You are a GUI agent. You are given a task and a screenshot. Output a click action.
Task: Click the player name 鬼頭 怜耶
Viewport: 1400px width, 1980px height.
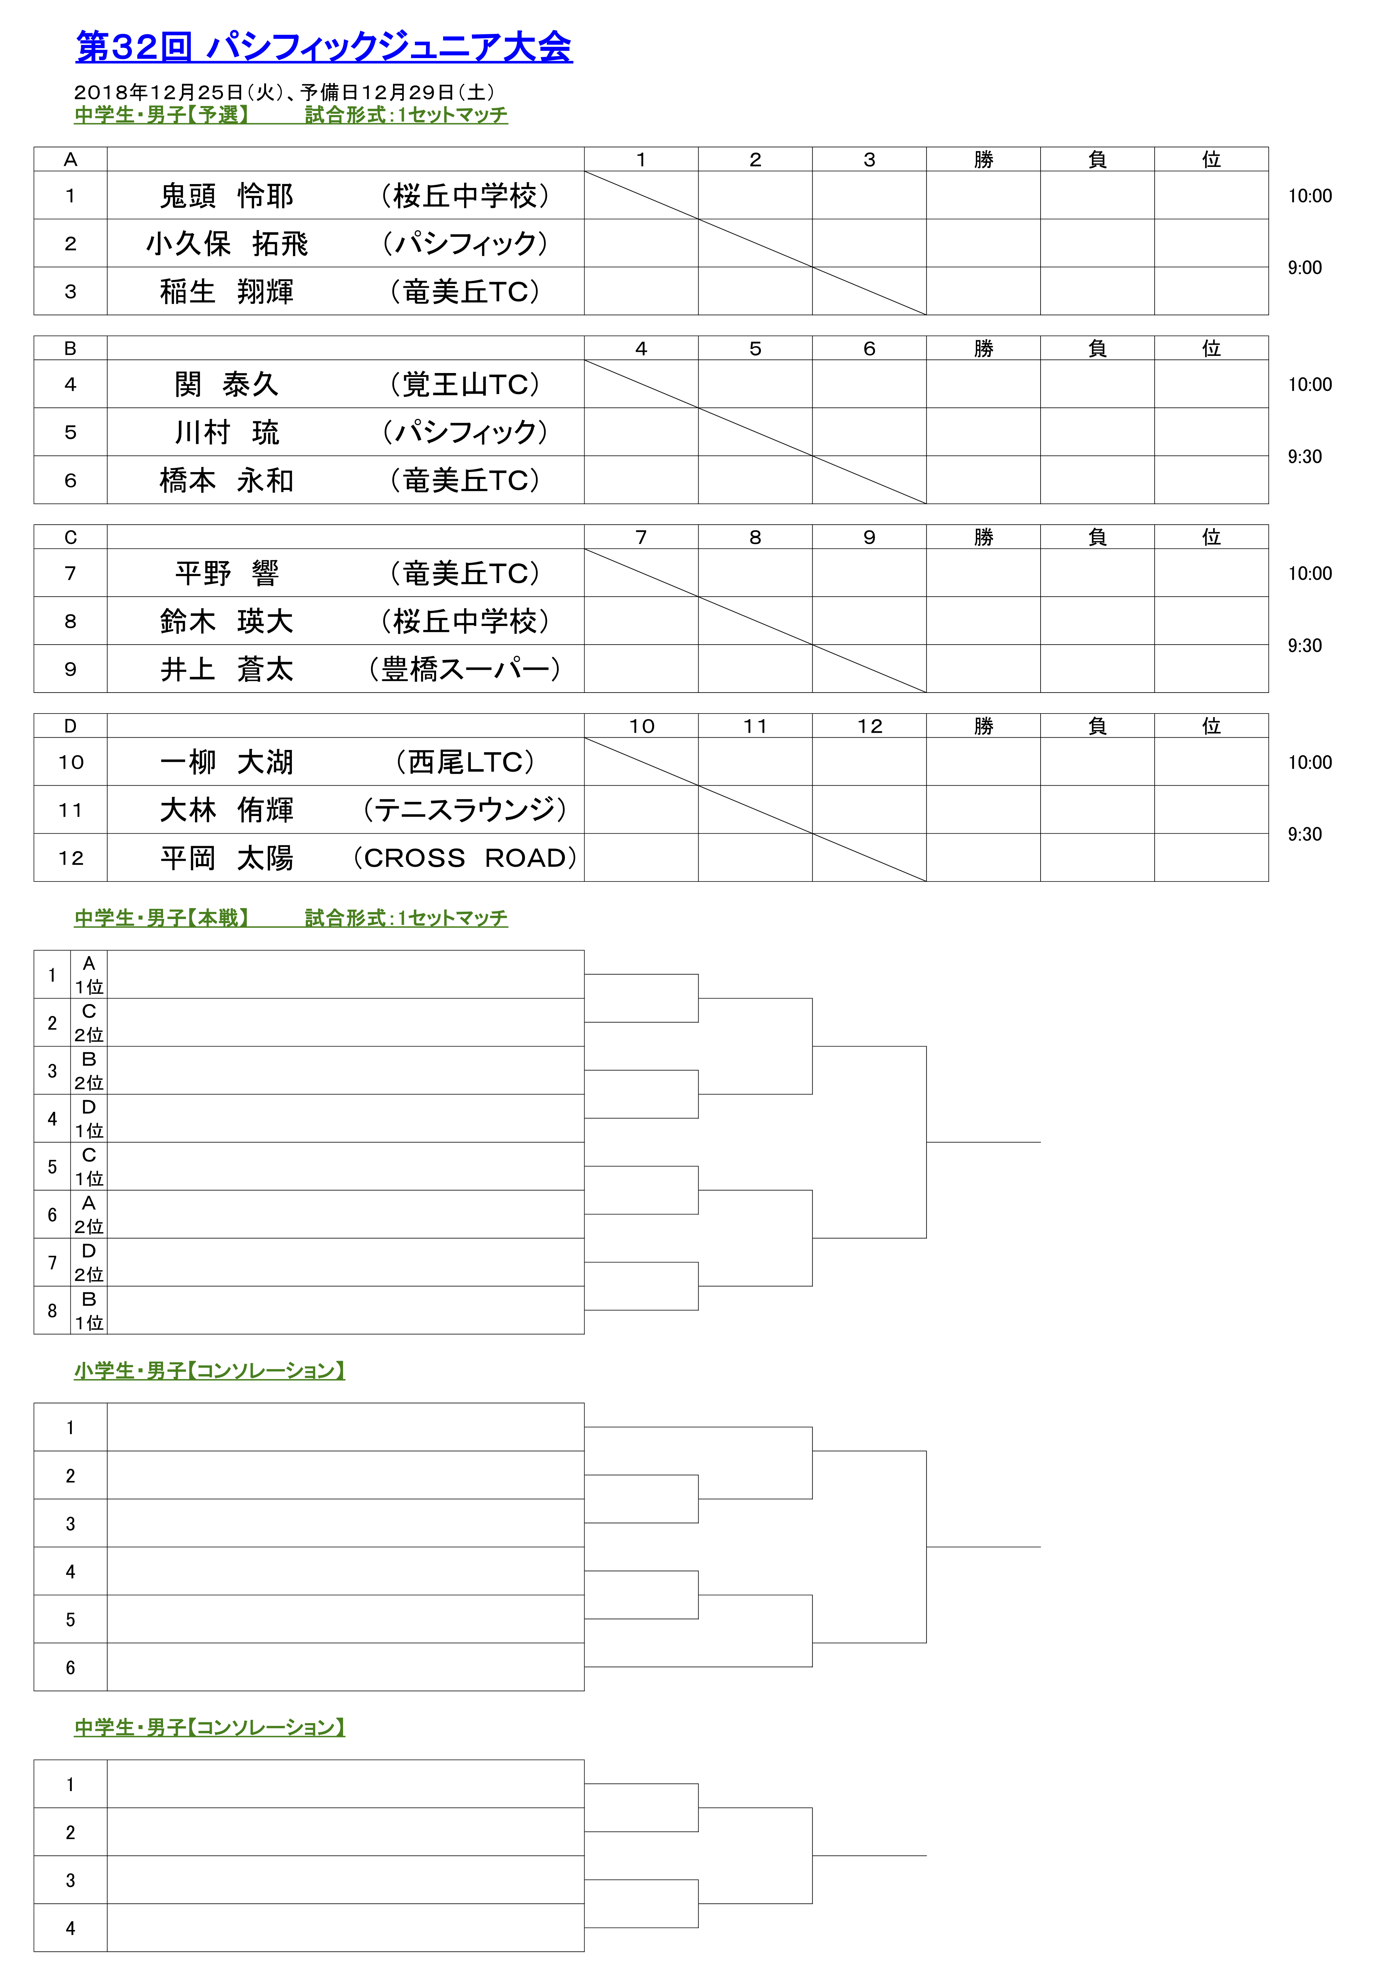[x=227, y=196]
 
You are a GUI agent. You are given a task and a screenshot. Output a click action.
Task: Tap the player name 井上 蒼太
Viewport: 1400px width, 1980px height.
[x=227, y=669]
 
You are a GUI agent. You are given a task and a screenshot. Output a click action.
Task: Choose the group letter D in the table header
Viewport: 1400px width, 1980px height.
[x=71, y=726]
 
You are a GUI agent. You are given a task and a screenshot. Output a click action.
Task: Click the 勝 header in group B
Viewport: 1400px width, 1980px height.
[x=983, y=349]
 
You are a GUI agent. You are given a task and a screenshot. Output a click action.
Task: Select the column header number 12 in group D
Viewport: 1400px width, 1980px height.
[x=869, y=726]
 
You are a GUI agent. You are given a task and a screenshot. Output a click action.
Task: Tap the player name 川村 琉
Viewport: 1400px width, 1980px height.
[x=227, y=432]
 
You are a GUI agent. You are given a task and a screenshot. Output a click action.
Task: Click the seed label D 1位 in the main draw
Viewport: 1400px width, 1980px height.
[x=89, y=1118]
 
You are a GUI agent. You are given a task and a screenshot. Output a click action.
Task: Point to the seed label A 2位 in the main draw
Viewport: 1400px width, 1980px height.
[x=89, y=1214]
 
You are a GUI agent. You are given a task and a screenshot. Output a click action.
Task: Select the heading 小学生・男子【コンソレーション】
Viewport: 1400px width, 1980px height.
[x=210, y=1370]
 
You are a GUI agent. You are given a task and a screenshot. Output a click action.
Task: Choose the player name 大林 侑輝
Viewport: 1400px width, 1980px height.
[x=227, y=810]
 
